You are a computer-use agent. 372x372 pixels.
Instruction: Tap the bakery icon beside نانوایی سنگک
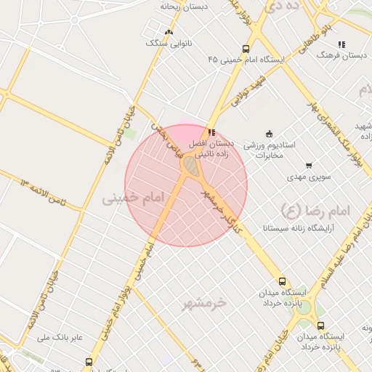click(169, 32)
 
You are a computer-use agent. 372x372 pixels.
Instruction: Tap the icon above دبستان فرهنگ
click(341, 44)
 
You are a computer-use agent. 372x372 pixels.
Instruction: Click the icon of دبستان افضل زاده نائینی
click(211, 132)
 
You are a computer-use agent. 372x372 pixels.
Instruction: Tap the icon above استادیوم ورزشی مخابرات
click(270, 133)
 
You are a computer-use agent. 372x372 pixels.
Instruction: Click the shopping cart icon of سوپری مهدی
click(310, 166)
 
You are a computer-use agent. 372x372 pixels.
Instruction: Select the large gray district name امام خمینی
click(132, 198)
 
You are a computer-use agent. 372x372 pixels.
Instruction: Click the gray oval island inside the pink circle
click(190, 166)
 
